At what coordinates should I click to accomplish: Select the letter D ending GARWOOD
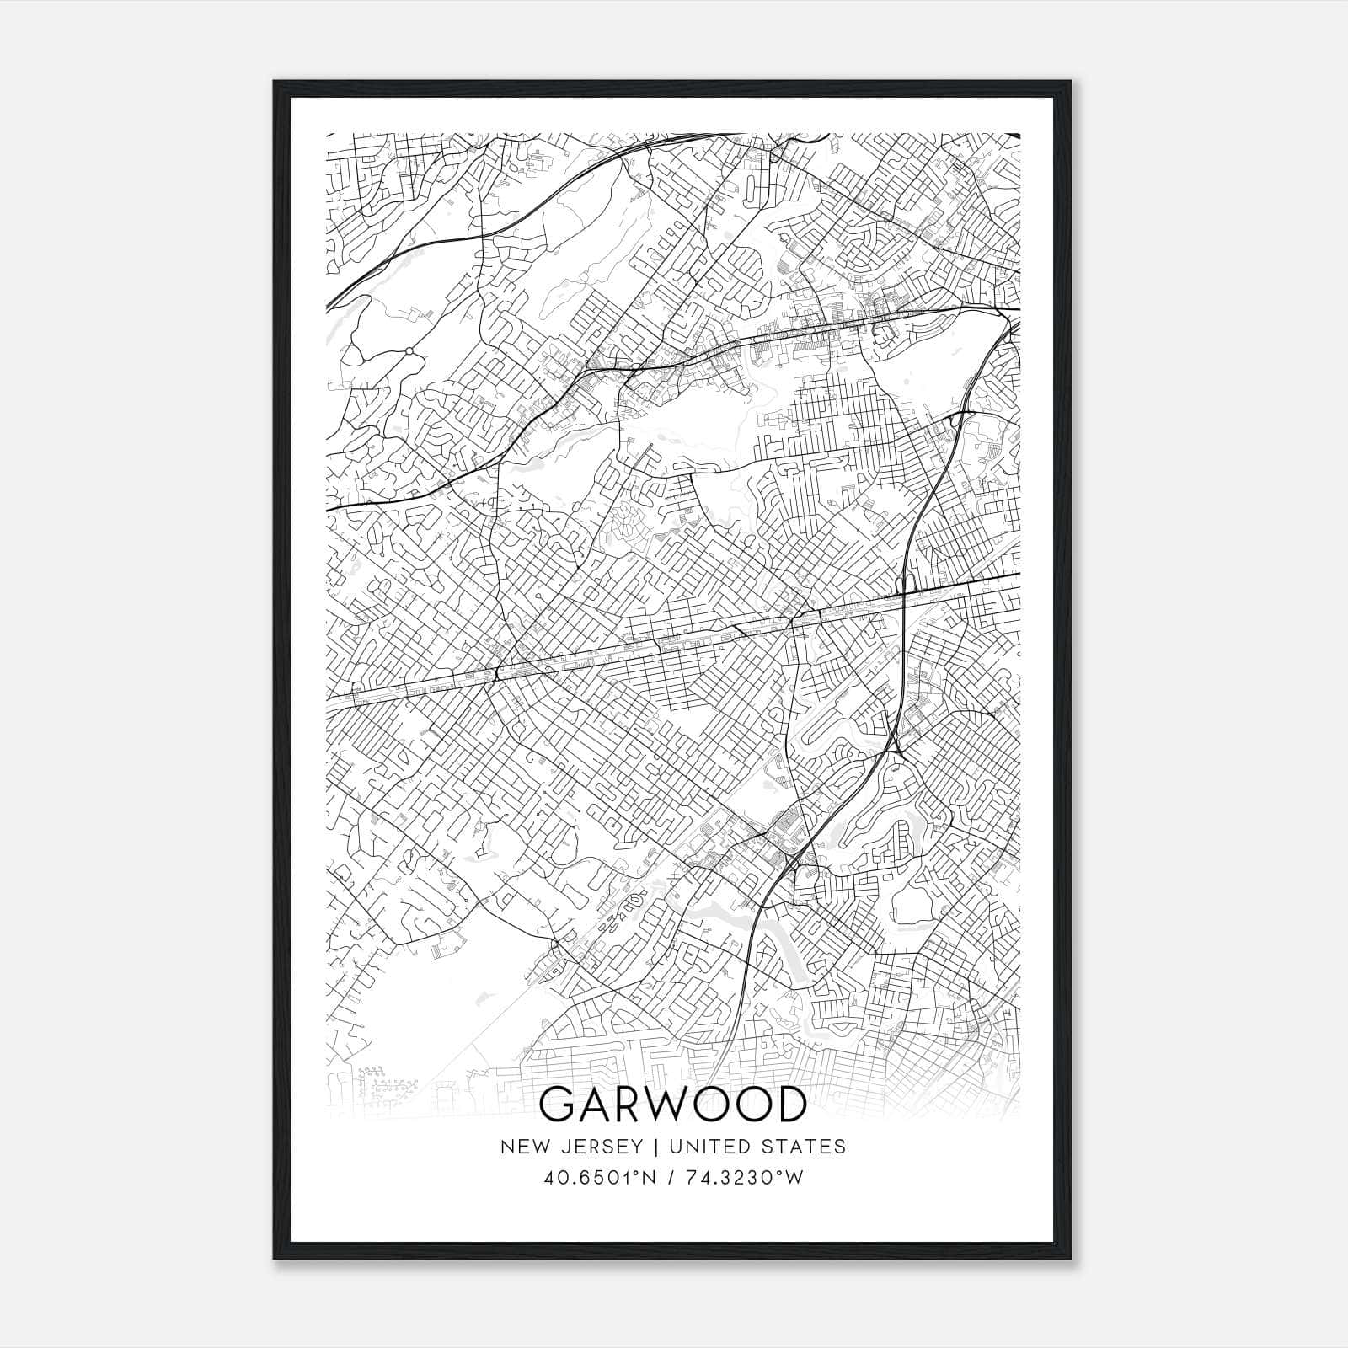[789, 1105]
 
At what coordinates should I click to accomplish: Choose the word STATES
[806, 1147]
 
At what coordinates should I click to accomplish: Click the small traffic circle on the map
[409, 350]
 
